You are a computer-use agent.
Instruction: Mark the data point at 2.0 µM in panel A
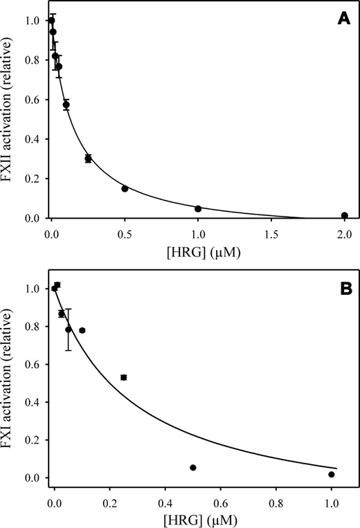(x=344, y=215)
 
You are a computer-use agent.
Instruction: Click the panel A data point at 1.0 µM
(x=198, y=208)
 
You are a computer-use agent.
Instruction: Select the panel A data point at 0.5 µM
(x=125, y=188)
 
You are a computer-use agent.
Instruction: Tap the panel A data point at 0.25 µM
(x=88, y=158)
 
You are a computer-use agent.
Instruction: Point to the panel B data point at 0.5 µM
(x=192, y=468)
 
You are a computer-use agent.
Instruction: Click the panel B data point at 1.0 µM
(x=331, y=474)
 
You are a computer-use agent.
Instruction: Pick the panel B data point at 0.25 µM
(x=123, y=377)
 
